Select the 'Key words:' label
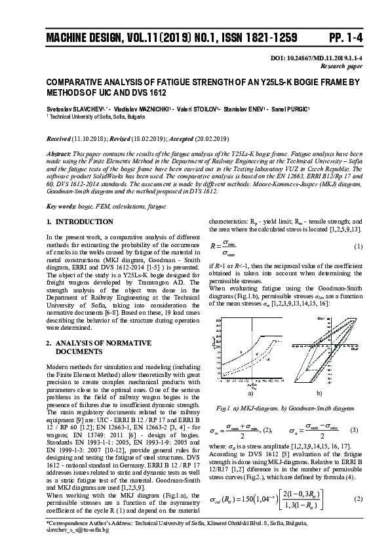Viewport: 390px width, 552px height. coord(61,206)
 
